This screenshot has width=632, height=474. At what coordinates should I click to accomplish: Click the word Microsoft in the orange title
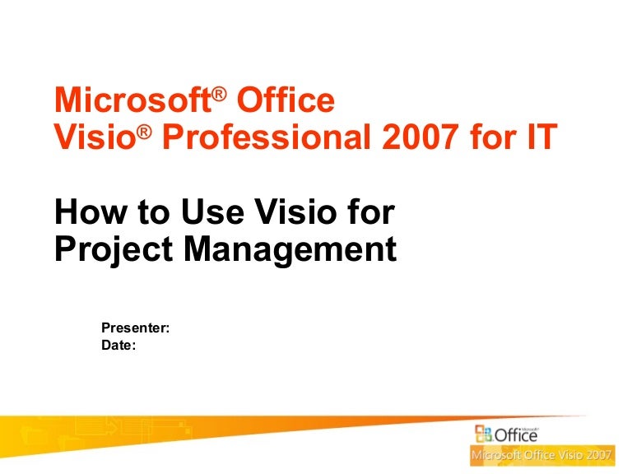[x=132, y=101]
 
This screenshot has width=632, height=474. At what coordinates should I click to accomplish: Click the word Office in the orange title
[x=286, y=101]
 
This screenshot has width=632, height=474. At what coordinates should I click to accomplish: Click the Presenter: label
[x=135, y=328]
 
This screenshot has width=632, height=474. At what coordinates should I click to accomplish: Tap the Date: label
[x=118, y=346]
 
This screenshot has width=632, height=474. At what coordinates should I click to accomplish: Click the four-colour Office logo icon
[x=481, y=434]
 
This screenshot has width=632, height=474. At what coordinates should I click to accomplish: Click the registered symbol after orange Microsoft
[x=219, y=94]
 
